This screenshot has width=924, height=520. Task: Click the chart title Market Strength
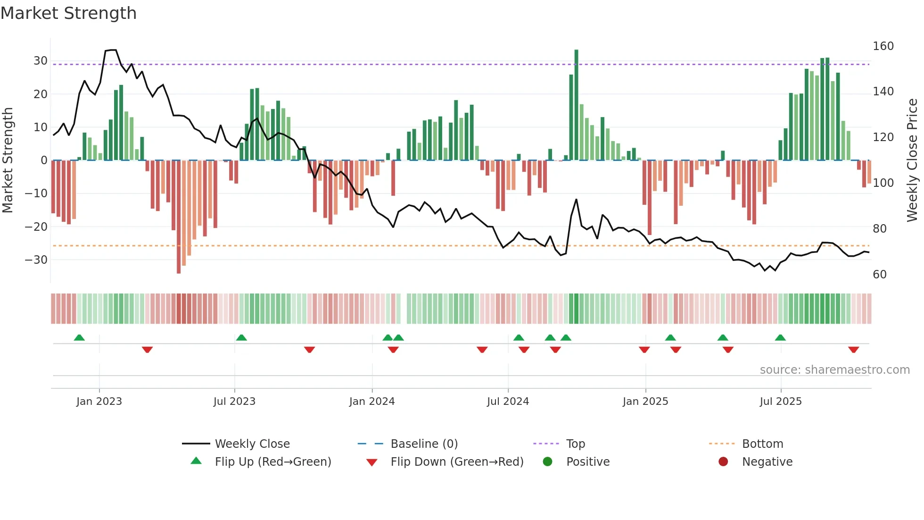click(x=68, y=13)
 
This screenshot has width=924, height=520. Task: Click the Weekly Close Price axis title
click(x=912, y=160)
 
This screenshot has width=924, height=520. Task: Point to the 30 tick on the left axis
click(x=41, y=61)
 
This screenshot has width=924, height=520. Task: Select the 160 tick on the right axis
click(x=883, y=46)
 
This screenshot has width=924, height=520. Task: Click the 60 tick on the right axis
click(x=880, y=275)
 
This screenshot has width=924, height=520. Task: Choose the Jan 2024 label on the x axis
click(x=372, y=402)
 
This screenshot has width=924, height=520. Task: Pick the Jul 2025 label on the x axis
click(x=781, y=402)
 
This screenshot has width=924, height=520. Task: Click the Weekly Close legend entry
click(x=252, y=444)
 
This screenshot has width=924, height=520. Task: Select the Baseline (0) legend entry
click(x=424, y=444)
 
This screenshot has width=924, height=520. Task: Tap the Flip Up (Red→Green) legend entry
click(x=272, y=462)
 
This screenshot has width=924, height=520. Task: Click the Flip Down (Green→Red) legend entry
click(x=456, y=462)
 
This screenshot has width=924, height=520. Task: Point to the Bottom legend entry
click(x=762, y=444)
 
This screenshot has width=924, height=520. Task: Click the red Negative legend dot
click(x=723, y=462)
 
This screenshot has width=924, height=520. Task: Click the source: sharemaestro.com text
click(x=834, y=370)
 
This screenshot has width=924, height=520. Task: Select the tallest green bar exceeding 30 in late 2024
click(x=576, y=104)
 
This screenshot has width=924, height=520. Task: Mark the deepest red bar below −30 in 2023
click(x=179, y=217)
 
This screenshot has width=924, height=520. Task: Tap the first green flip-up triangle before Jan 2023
click(x=79, y=337)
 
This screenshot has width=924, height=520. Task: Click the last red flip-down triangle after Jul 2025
click(x=853, y=350)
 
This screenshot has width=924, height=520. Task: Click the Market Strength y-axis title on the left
click(x=8, y=160)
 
